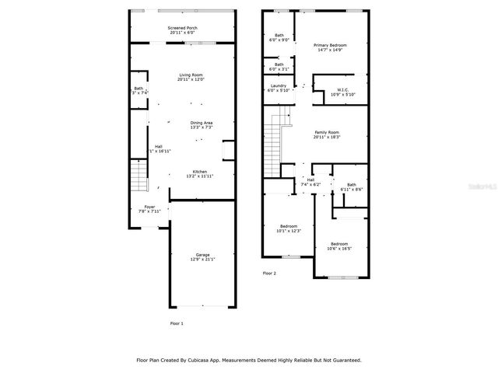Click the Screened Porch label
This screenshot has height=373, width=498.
182,28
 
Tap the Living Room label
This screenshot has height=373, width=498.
191,75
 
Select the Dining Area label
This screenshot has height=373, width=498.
202,123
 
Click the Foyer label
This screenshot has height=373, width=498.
149,207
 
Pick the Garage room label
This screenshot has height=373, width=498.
202,255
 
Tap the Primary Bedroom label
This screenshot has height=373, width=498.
330,46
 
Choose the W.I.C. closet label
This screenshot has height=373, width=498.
342,90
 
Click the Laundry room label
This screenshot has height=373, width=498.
278,85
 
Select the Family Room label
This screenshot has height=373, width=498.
327,133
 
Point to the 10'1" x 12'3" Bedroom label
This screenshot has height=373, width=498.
288,226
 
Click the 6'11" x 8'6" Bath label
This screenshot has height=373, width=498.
352,185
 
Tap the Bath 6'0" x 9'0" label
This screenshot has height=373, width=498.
278,36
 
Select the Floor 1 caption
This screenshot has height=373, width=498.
177,322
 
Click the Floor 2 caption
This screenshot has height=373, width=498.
269,274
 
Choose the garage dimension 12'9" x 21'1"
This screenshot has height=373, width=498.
202,260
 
